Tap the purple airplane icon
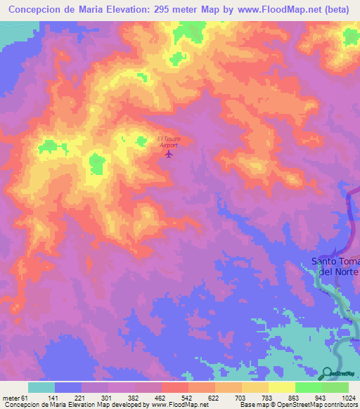tap(168, 154)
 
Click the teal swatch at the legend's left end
tap(41, 387)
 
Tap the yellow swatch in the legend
tap(281, 387)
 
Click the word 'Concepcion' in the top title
tap(37, 11)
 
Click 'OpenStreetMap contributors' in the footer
tap(317, 404)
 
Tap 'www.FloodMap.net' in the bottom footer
tap(178, 404)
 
